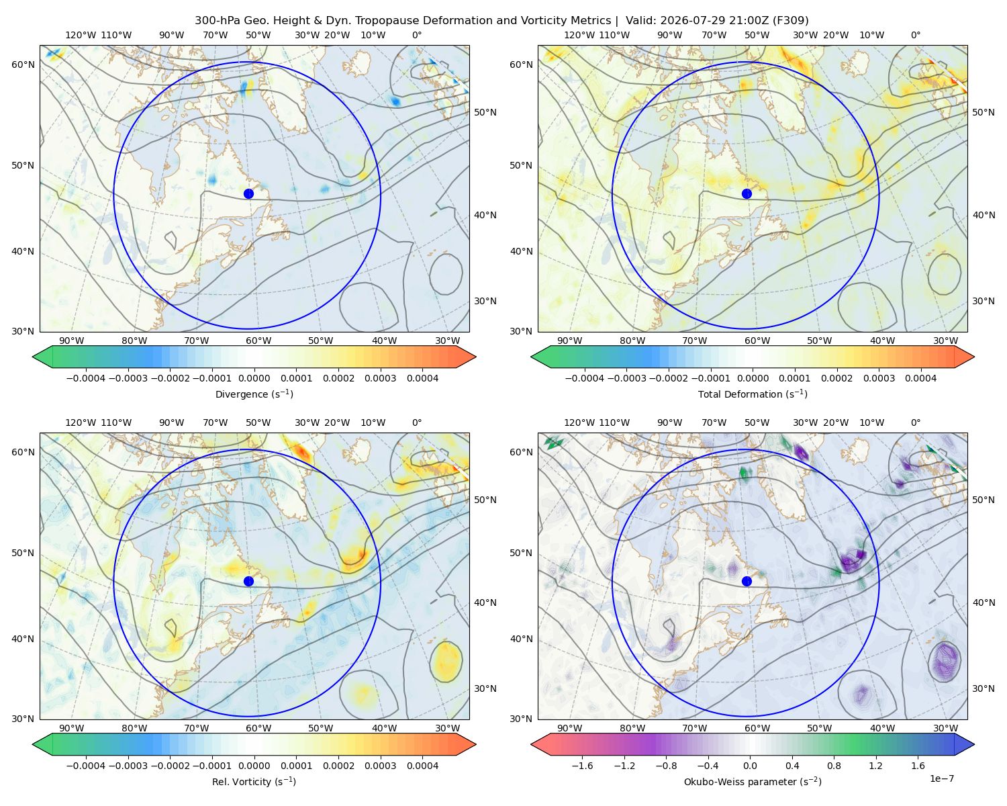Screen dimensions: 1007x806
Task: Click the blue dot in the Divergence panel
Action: click(248, 194)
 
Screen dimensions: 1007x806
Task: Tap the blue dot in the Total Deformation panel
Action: click(747, 194)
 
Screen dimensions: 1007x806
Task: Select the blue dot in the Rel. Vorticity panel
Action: click(248, 581)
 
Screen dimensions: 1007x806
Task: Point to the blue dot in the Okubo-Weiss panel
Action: click(747, 581)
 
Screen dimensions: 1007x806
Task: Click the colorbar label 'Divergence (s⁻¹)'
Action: click(254, 394)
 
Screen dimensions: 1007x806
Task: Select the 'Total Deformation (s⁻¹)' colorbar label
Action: click(753, 394)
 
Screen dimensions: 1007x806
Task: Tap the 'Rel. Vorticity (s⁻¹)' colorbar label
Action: click(254, 782)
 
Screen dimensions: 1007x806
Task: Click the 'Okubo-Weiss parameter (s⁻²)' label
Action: click(753, 782)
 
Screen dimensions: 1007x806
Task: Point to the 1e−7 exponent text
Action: click(941, 778)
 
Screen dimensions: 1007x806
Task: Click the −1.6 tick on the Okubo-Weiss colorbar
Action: click(583, 766)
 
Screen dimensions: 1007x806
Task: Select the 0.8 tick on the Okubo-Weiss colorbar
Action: click(834, 766)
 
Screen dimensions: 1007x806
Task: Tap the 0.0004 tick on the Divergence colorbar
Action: click(422, 378)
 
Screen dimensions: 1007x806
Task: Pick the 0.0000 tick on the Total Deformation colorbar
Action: click(753, 378)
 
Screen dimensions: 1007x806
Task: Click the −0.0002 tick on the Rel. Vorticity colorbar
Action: click(170, 766)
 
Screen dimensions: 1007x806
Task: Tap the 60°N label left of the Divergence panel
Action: click(23, 64)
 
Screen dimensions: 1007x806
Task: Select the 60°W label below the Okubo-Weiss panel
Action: click(757, 728)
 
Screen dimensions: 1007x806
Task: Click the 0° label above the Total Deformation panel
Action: click(915, 35)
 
